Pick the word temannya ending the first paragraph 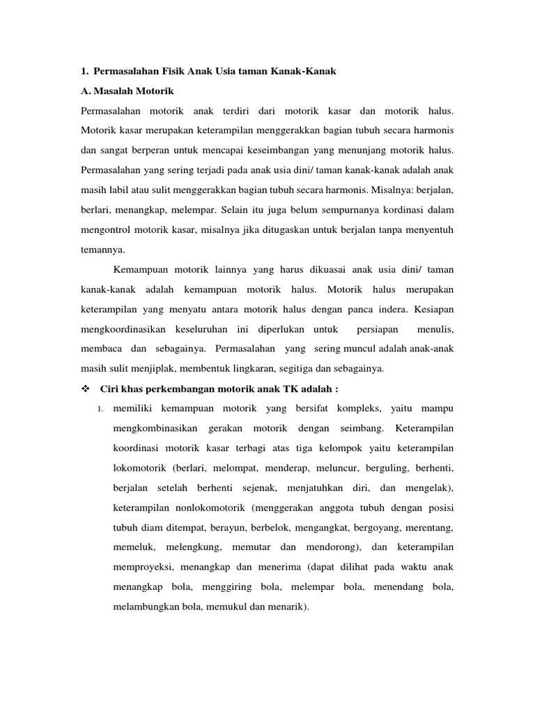[x=104, y=248]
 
